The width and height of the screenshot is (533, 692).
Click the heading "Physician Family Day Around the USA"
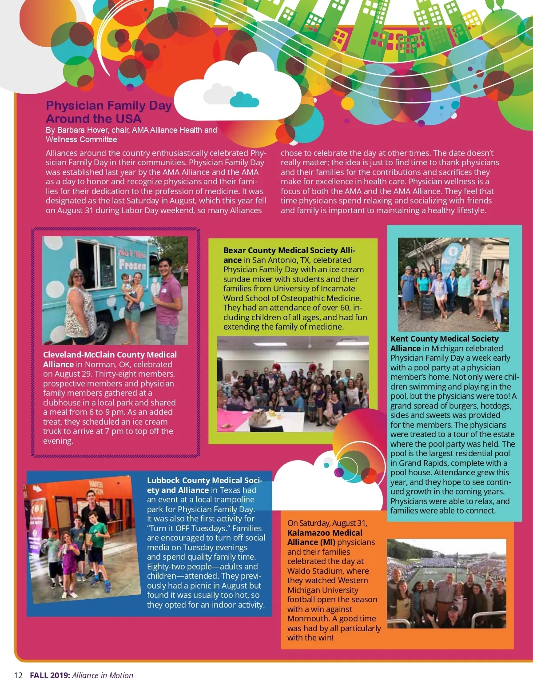click(108, 112)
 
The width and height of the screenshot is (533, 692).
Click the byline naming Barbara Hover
click(131, 135)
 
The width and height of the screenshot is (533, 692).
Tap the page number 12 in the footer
click(18, 675)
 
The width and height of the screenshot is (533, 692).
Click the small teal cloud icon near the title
click(244, 99)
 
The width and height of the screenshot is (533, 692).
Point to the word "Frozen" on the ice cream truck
click(132, 265)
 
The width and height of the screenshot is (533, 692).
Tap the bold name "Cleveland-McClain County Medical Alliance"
click(110, 359)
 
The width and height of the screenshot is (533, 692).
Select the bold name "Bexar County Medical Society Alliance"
click(289, 255)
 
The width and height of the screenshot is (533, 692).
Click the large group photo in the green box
click(293, 384)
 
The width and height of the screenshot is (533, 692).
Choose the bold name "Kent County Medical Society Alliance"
click(444, 343)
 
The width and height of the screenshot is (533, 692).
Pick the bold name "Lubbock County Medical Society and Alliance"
click(204, 485)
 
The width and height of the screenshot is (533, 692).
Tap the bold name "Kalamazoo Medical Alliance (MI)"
click(325, 537)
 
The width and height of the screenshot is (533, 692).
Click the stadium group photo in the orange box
click(446, 583)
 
